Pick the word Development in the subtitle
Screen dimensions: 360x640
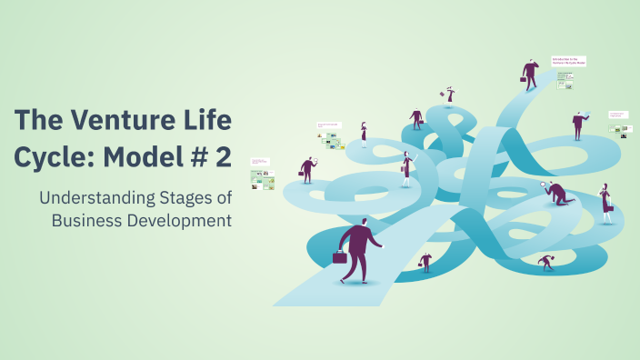pyautogui.click(x=178, y=220)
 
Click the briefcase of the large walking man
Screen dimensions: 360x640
pyautogui.click(x=340, y=257)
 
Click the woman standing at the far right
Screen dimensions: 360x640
pyautogui.click(x=605, y=203)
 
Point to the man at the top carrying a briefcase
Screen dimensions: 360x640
pyautogui.click(x=530, y=75)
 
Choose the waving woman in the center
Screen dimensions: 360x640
pyautogui.click(x=406, y=168)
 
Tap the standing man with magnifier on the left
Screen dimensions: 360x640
pyautogui.click(x=308, y=169)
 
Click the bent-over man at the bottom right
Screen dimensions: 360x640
pyautogui.click(x=545, y=263)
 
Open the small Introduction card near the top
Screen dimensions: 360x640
pyautogui.click(x=569, y=61)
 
